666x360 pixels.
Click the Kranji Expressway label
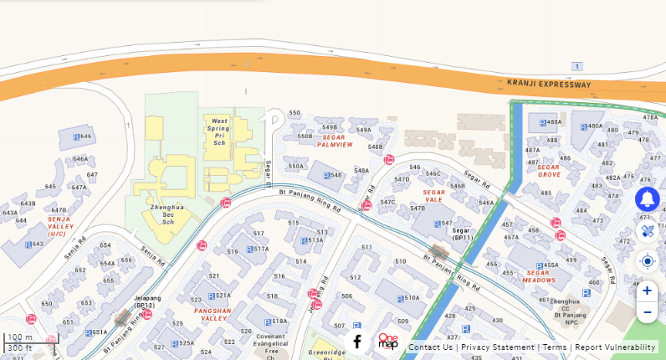click(x=549, y=85)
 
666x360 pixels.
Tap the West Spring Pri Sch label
click(x=219, y=131)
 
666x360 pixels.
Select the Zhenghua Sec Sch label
click(x=166, y=213)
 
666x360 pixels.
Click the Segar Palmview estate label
click(x=335, y=141)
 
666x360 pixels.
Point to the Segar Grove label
click(x=549, y=171)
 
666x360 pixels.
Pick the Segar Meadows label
click(x=539, y=276)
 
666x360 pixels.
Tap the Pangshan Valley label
click(x=212, y=314)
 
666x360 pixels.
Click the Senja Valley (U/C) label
click(x=60, y=226)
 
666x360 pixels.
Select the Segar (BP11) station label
click(x=463, y=234)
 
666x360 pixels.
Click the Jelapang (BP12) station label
click(x=147, y=301)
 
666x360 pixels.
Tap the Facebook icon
click(x=357, y=342)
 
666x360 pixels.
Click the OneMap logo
click(x=388, y=341)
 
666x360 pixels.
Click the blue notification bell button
click(x=647, y=199)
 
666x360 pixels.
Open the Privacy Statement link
click(x=497, y=347)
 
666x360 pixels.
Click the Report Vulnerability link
click(x=615, y=347)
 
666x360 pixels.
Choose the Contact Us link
click(x=430, y=347)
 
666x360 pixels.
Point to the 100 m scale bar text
click(x=20, y=337)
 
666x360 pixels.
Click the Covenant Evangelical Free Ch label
click(x=271, y=343)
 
